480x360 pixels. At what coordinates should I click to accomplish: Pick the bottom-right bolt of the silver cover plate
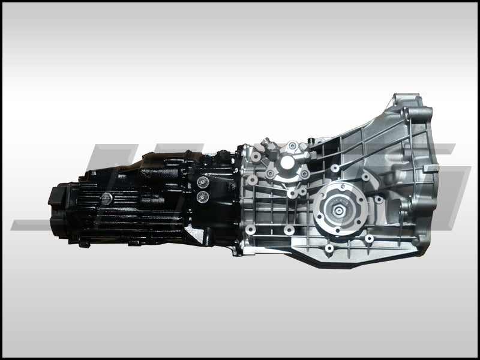304,174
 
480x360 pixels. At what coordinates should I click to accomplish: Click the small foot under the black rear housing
85,243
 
